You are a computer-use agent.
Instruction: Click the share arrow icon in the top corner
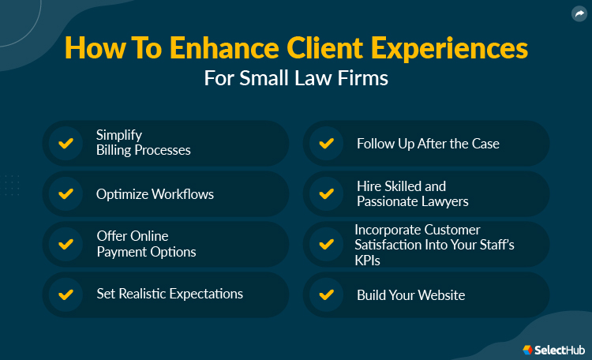pos(578,13)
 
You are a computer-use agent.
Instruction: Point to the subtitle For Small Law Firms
pos(296,80)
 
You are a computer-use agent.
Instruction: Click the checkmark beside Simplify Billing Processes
pos(66,143)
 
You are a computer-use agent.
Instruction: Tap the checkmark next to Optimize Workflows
pos(66,193)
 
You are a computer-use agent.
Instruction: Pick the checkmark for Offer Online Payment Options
pos(66,244)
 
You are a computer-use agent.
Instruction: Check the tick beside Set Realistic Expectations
pos(66,294)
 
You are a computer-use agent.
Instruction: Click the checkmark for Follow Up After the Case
pos(325,143)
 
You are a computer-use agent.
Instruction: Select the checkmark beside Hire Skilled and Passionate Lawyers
pos(325,193)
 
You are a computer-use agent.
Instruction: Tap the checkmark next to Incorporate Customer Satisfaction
pos(325,244)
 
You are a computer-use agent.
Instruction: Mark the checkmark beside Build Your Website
pos(325,294)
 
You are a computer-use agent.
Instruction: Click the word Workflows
pos(185,193)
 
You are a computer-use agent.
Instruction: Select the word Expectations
pos(202,294)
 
